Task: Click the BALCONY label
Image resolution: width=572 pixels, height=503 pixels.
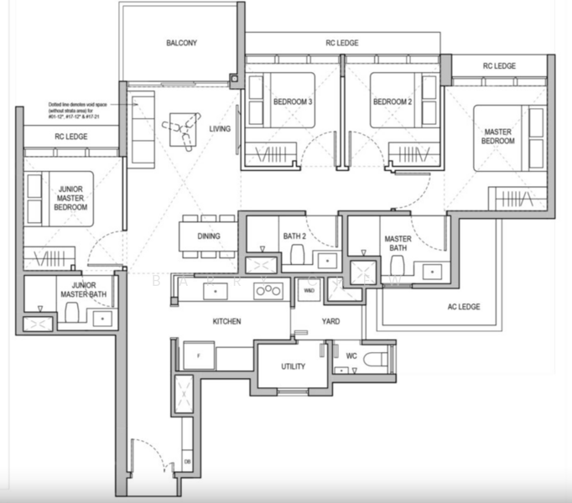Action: [181, 43]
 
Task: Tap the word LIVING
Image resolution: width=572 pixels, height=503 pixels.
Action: [220, 128]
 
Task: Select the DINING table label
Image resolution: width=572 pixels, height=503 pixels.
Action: [209, 236]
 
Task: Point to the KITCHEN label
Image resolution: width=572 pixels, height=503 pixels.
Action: [226, 321]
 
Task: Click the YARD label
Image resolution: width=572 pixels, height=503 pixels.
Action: [330, 321]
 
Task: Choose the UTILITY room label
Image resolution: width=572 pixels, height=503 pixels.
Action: [293, 366]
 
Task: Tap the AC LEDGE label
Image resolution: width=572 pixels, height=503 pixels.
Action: [463, 307]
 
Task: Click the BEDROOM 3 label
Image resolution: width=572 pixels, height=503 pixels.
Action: [293, 102]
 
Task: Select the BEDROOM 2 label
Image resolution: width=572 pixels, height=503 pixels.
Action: [393, 102]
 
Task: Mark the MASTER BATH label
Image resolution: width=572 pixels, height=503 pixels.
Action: [398, 243]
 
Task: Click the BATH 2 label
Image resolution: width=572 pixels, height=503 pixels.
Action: [294, 236]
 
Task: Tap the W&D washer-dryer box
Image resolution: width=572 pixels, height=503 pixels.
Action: [309, 290]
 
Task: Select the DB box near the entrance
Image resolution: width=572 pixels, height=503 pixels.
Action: [187, 460]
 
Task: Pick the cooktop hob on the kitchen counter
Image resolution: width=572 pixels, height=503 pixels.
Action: [269, 291]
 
